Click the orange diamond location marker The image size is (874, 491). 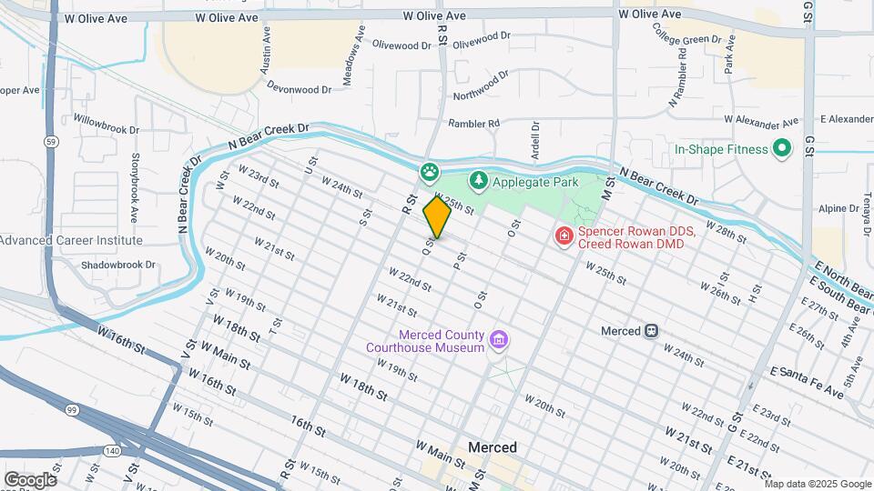[x=437, y=216]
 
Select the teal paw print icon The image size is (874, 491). [x=429, y=171]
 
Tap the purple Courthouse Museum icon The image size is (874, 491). [x=497, y=340]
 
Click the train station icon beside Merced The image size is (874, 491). [x=651, y=331]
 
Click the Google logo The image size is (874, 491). [x=29, y=479]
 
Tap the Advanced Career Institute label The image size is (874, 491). [x=71, y=240]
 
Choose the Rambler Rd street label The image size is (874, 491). [x=473, y=124]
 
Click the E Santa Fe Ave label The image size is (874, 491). [x=807, y=381]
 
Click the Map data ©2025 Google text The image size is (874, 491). [x=817, y=483]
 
